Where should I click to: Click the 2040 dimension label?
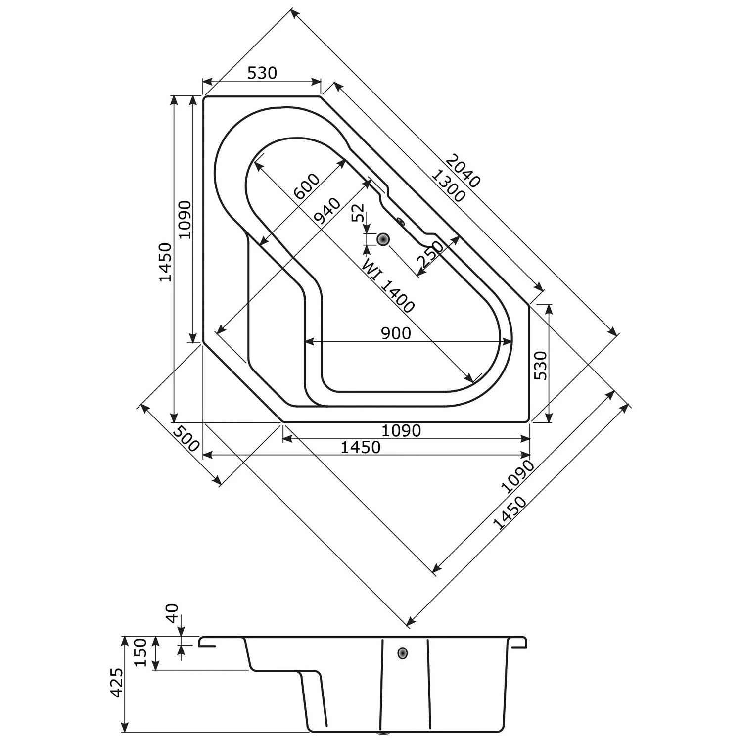pyautogui.click(x=463, y=171)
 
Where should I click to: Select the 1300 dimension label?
pyautogui.click(x=448, y=186)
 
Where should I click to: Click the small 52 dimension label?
pyautogui.click(x=358, y=212)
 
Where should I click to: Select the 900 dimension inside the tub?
pyautogui.click(x=396, y=333)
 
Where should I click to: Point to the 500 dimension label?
pyautogui.click(x=187, y=438)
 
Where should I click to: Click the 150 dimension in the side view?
pyautogui.click(x=140, y=652)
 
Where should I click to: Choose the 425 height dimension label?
pyautogui.click(x=116, y=683)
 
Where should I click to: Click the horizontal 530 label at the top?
pyautogui.click(x=262, y=73)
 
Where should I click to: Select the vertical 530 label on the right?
pyautogui.click(x=542, y=365)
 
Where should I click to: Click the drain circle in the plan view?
pyautogui.click(x=383, y=239)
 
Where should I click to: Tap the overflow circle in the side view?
pyautogui.click(x=403, y=653)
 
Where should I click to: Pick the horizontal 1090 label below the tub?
pyautogui.click(x=401, y=431)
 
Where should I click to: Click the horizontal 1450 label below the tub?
pyautogui.click(x=361, y=447)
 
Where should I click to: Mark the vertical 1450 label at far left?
pyautogui.click(x=165, y=262)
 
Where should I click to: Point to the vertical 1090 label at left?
pyautogui.click(x=185, y=220)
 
